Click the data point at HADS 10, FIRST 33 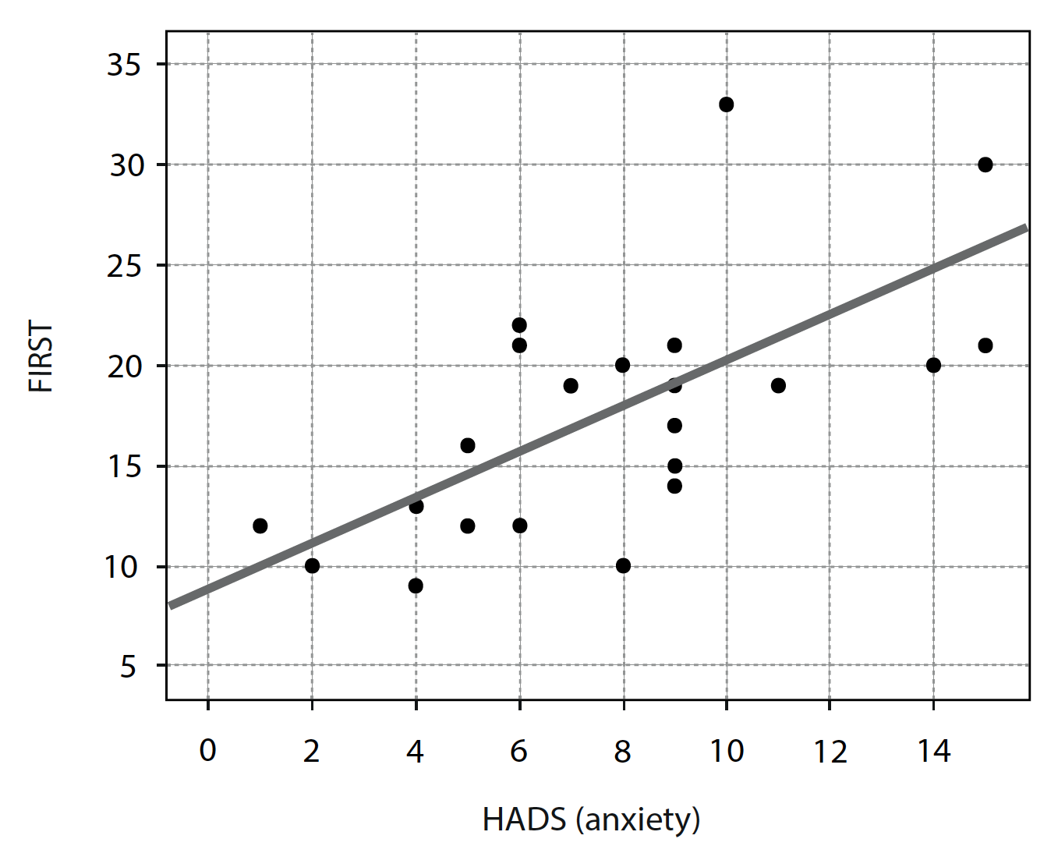[726, 104]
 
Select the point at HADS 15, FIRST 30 [985, 165]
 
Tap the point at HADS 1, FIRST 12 [260, 526]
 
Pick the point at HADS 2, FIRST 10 [312, 565]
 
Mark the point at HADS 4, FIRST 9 [416, 586]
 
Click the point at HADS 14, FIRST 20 [933, 365]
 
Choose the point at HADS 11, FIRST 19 [778, 385]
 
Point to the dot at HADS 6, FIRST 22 [519, 325]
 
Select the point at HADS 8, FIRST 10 [623, 565]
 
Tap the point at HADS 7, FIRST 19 [571, 385]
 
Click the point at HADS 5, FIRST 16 [467, 445]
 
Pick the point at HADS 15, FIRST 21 [985, 345]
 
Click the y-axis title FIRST [41, 356]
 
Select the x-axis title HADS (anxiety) [591, 819]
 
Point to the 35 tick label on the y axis [124, 65]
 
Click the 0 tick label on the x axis [207, 750]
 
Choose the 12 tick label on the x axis [830, 750]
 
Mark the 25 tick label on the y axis [124, 266]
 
